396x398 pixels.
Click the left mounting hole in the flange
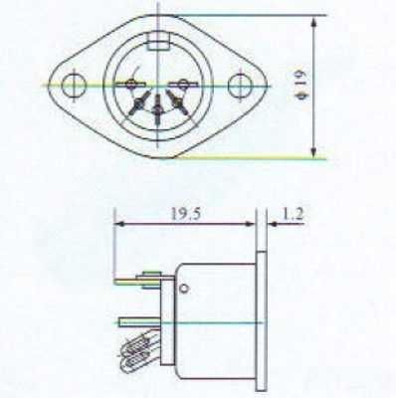click(x=74, y=85)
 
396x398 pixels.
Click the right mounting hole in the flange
click(x=240, y=86)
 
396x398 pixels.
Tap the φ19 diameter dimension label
click(x=302, y=86)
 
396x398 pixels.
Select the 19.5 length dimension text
click(x=185, y=214)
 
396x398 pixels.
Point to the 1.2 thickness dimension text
click(x=293, y=214)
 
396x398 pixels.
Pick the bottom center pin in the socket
click(x=157, y=109)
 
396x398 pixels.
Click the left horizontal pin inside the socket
click(x=130, y=85)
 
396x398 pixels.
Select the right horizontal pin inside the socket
click(x=182, y=85)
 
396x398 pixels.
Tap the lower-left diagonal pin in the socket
click(x=138, y=103)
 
